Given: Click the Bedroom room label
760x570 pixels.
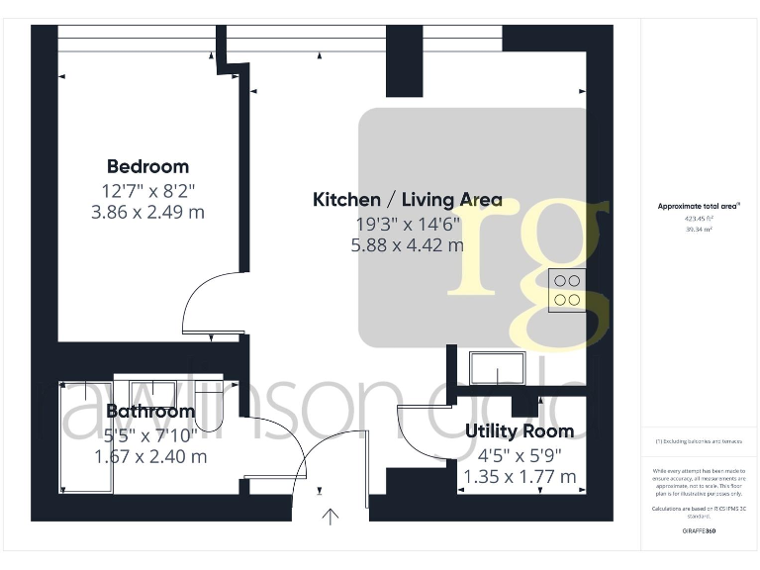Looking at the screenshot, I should click(147, 166).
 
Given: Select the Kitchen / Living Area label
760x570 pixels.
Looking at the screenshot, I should click(407, 200).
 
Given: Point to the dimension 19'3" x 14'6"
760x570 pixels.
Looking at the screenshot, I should click(407, 224).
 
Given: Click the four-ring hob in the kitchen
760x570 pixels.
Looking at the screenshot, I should click(567, 290).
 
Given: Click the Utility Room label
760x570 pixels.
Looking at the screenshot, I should click(520, 431).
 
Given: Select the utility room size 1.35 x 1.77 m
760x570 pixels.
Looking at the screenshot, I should click(520, 477).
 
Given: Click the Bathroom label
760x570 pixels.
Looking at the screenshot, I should click(150, 411).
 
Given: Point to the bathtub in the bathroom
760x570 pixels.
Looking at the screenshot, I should click(86, 435).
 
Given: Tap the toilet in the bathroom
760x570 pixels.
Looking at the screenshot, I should click(212, 401).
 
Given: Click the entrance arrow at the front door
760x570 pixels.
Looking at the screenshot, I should click(331, 515).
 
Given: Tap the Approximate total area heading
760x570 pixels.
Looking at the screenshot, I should click(698, 206).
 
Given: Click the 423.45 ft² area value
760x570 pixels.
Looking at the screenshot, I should click(698, 218).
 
